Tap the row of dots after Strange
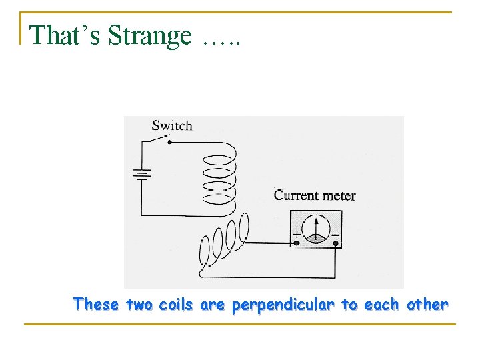[220, 42]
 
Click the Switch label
[171, 125]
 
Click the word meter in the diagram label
[339, 195]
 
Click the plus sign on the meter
[295, 235]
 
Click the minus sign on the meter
[335, 235]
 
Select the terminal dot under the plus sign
[296, 243]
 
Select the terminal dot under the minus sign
[336, 244]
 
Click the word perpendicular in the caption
[284, 305]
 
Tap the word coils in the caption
[177, 305]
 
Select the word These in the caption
[97, 305]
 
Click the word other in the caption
[427, 305]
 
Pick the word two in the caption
[139, 305]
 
